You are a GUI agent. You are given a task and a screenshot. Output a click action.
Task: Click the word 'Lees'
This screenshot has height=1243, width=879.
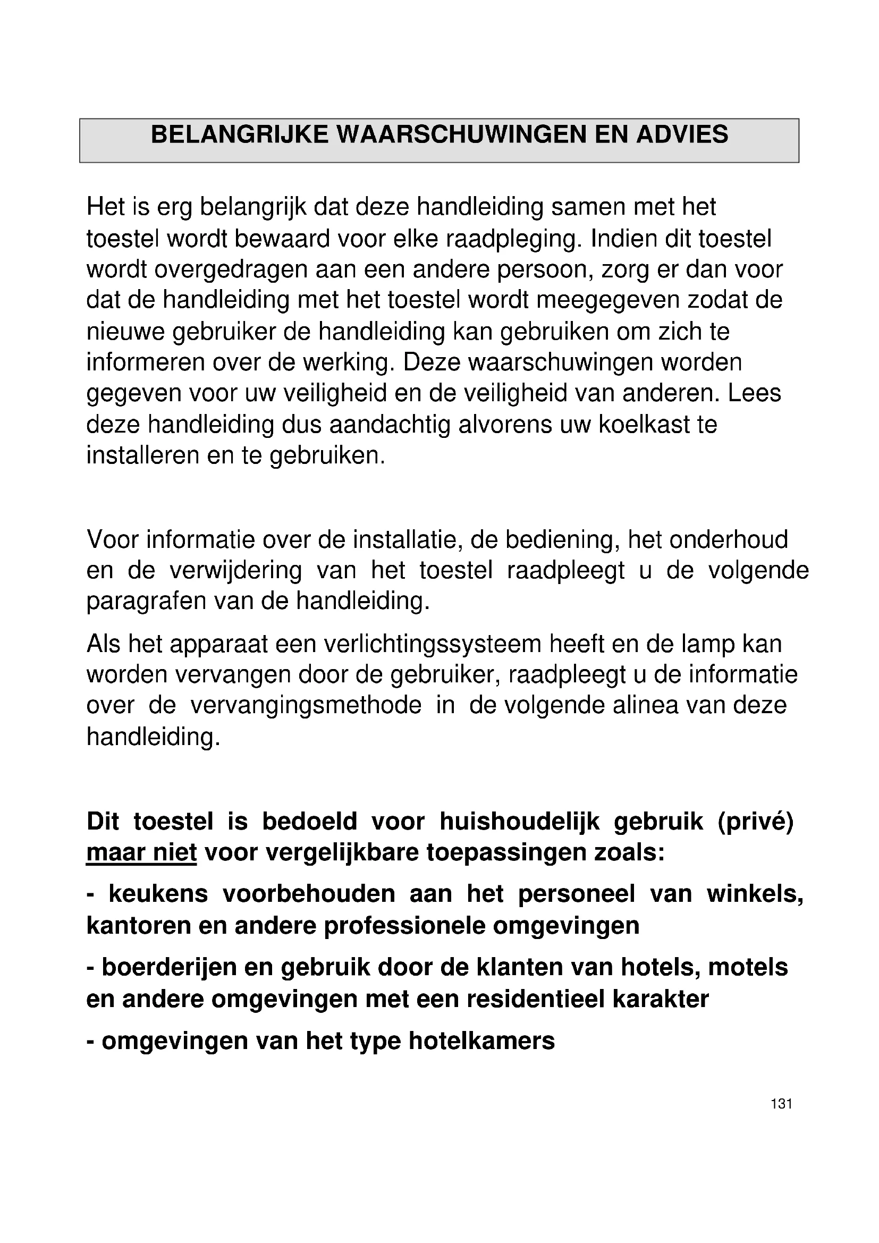(x=755, y=394)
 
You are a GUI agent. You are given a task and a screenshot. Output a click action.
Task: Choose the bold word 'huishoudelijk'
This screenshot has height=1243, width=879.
(x=519, y=822)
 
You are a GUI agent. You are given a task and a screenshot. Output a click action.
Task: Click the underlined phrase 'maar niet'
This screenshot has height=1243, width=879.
(x=141, y=854)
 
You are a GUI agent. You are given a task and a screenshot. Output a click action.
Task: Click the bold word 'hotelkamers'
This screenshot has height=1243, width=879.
(x=481, y=1041)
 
